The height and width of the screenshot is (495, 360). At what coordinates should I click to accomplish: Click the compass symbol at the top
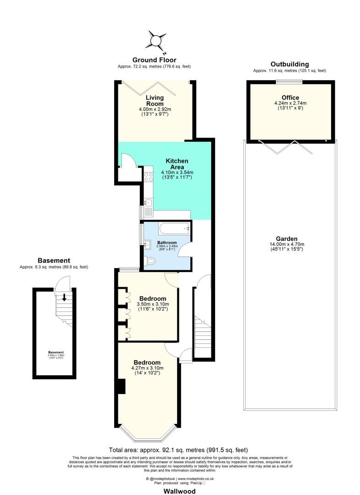click(x=156, y=40)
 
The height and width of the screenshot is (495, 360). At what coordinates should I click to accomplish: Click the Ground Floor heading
click(x=154, y=60)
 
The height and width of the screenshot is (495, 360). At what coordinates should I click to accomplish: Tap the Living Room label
click(x=155, y=100)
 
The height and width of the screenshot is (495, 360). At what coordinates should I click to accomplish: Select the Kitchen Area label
click(x=177, y=164)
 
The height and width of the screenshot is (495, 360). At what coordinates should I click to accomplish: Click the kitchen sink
click(x=149, y=203)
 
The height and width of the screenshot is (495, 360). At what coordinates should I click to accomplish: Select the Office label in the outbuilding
click(x=290, y=98)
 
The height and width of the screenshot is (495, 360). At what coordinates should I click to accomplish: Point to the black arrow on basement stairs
click(x=64, y=297)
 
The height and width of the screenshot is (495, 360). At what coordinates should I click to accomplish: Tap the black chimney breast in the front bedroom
click(x=121, y=386)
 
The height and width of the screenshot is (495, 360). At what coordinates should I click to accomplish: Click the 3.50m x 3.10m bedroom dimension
click(x=153, y=304)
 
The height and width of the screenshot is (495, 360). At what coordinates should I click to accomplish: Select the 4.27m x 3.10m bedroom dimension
click(x=147, y=368)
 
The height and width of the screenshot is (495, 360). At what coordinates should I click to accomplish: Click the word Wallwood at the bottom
click(x=179, y=491)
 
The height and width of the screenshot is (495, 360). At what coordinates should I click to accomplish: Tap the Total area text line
click(x=179, y=450)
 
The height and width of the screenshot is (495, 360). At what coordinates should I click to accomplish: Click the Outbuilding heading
click(x=289, y=64)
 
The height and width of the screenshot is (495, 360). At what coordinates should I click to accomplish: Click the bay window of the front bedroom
click(x=147, y=434)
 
